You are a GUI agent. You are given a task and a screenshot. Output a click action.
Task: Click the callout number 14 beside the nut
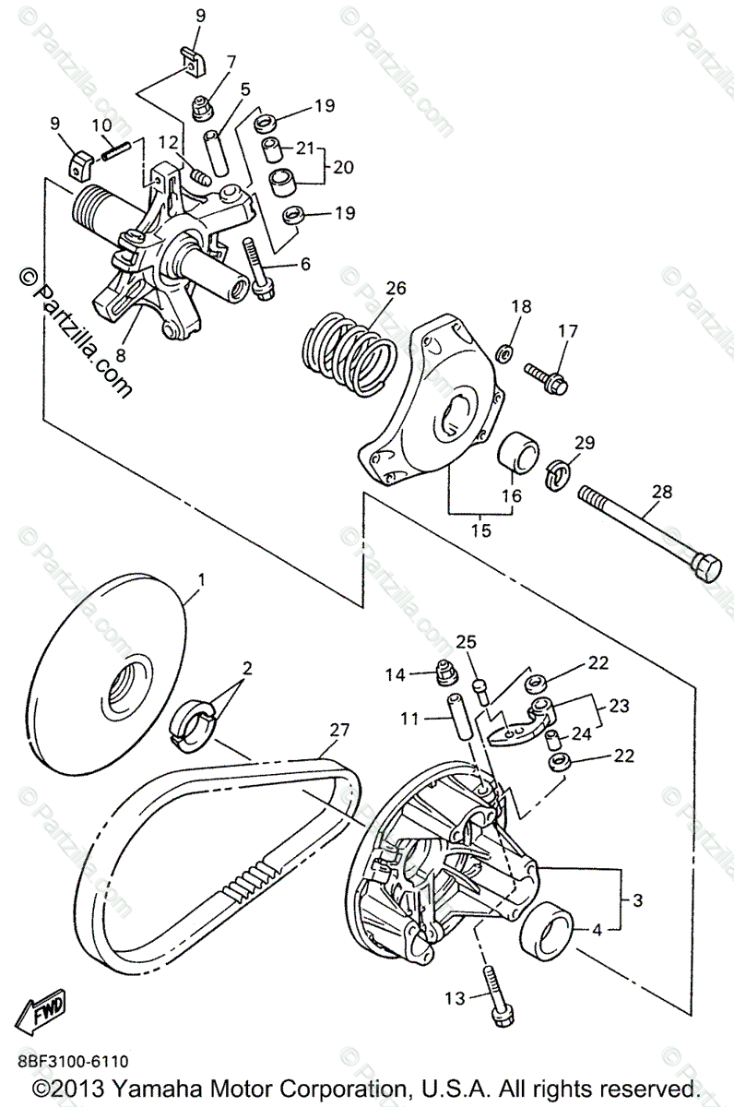coord(396,674)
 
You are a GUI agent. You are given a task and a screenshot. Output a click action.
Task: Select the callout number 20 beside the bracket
coord(344,167)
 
